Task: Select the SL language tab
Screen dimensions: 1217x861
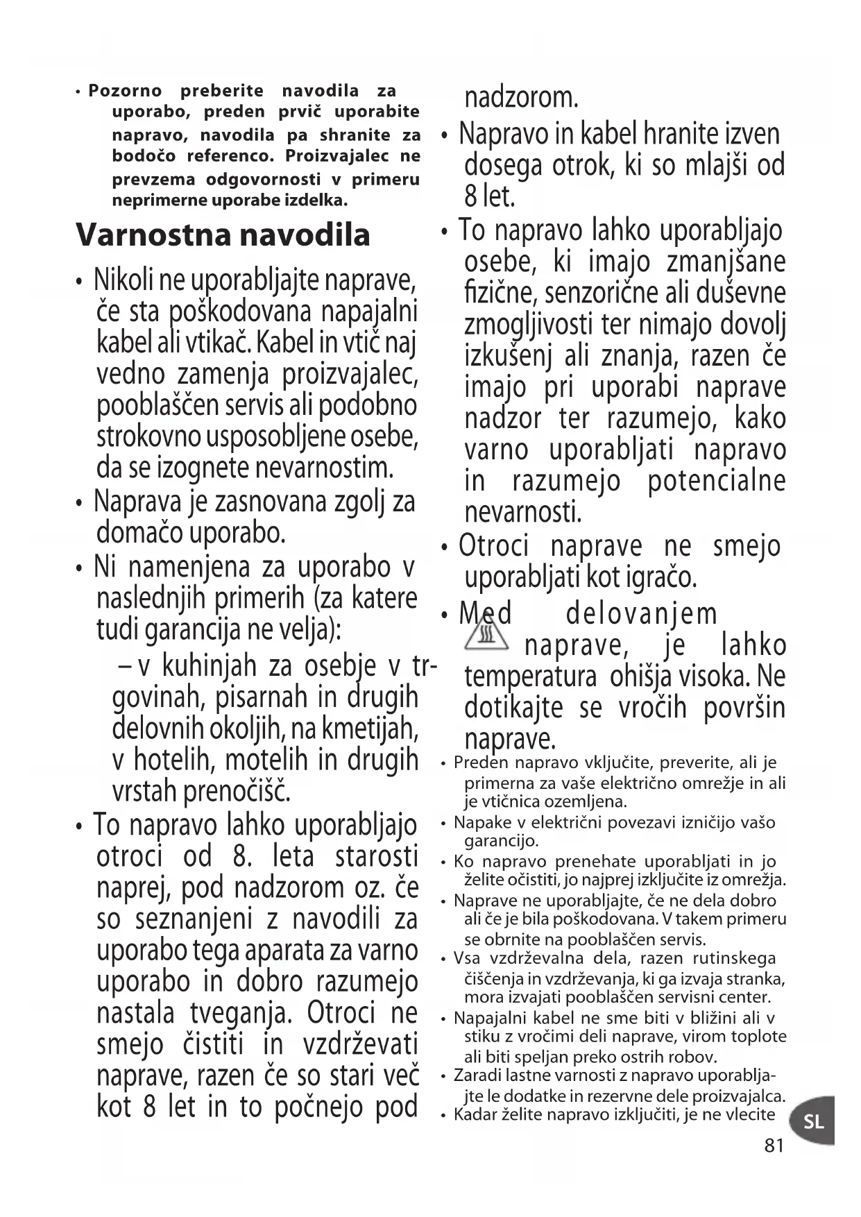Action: [813, 1121]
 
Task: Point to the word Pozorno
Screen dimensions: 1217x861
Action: [125, 91]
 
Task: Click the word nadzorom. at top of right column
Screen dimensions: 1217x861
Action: [521, 98]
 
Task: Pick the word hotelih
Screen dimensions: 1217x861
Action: [176, 760]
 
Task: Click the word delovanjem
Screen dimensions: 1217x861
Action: [642, 614]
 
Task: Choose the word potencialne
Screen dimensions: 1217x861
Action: [717, 482]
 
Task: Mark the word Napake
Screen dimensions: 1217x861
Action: [479, 823]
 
